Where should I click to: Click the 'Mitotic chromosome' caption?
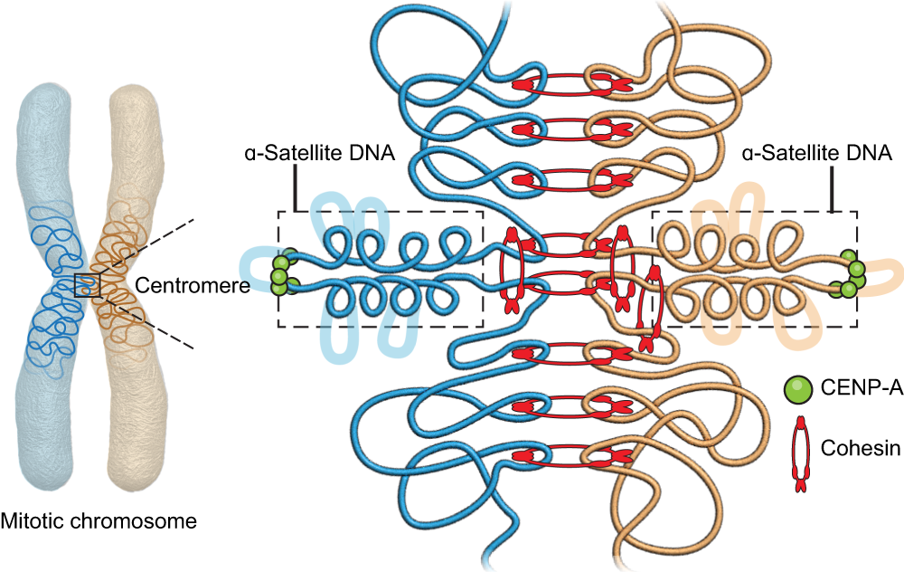point(99,521)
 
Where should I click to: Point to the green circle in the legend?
point(797,392)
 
